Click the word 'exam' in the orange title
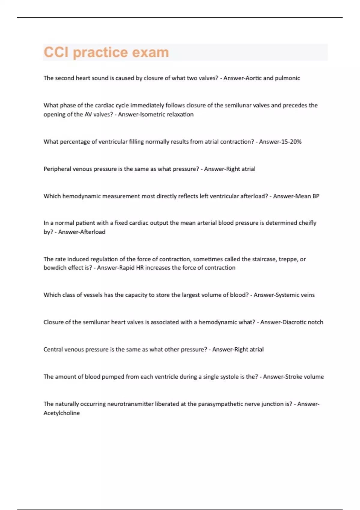[x=151, y=52]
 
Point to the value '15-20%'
[x=291, y=142]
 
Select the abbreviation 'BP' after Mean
[x=316, y=196]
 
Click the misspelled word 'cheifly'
[x=308, y=223]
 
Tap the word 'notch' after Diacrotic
[x=316, y=322]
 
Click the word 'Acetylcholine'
[x=61, y=413]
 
